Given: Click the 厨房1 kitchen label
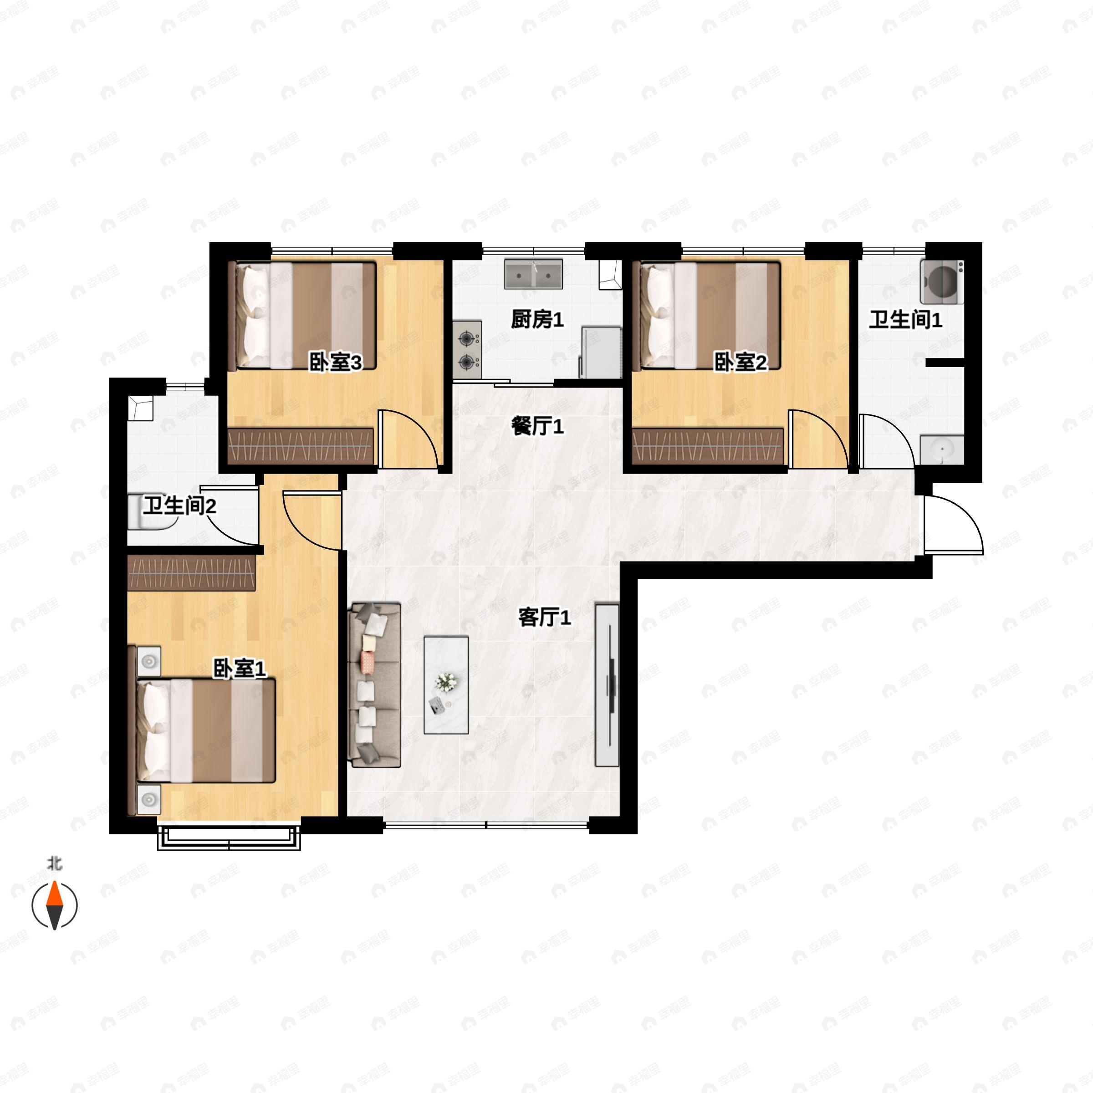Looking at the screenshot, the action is tap(537, 320).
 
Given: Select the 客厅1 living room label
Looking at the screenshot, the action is tap(544, 617).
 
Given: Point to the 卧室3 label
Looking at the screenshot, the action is tap(335, 362).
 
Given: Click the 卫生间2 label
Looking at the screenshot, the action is tap(179, 505).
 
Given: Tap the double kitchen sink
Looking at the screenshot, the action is tap(533, 274).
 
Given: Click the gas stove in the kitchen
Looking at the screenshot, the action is tap(467, 350).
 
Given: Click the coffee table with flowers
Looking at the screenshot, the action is tap(446, 685).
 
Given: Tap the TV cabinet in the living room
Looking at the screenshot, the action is tap(607, 685).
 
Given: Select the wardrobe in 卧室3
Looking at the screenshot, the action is tap(301, 446).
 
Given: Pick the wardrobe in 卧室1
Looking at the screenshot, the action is tap(191, 573).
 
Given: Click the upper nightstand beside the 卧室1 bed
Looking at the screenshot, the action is tap(148, 661).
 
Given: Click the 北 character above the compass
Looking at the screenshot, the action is tap(55, 864).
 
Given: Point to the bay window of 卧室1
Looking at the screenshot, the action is tap(229, 837).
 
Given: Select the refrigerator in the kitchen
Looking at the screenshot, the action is tap(601, 352).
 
